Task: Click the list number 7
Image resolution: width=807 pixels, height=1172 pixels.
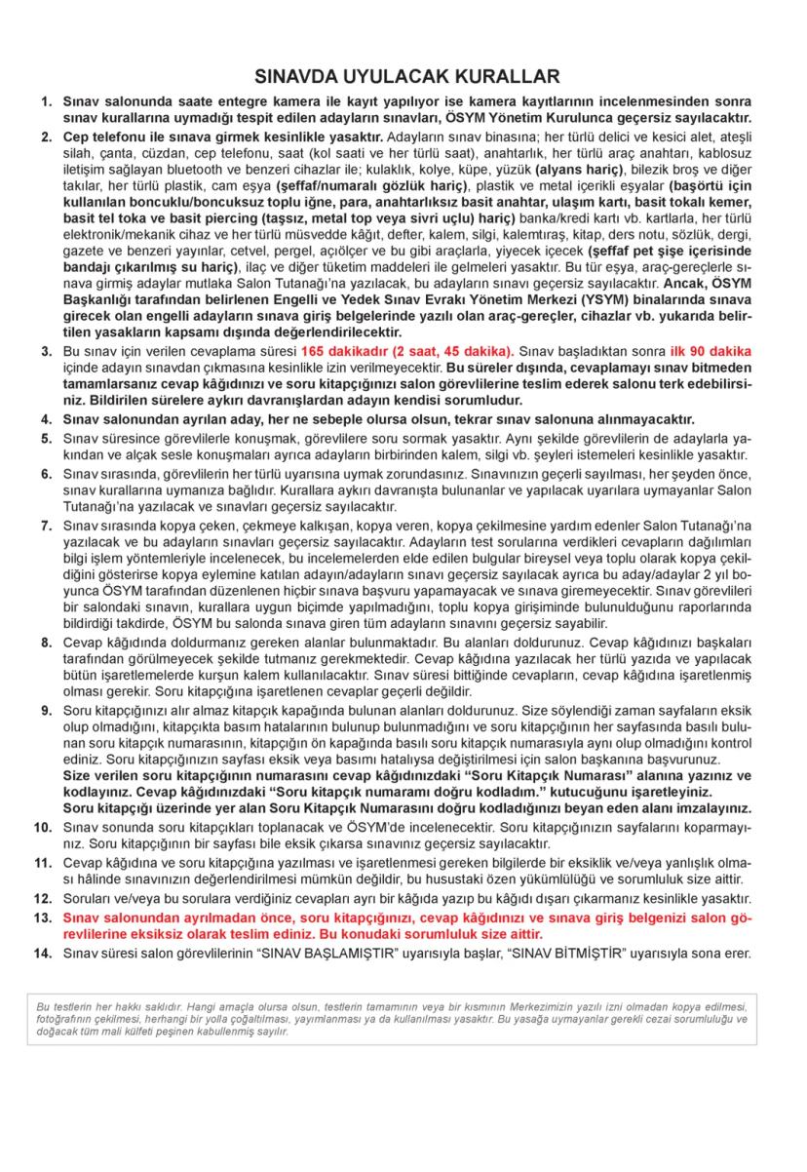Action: click(46, 526)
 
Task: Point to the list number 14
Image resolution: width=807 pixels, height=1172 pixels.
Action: click(42, 952)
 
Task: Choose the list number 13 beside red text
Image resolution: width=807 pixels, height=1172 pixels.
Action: click(42, 918)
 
